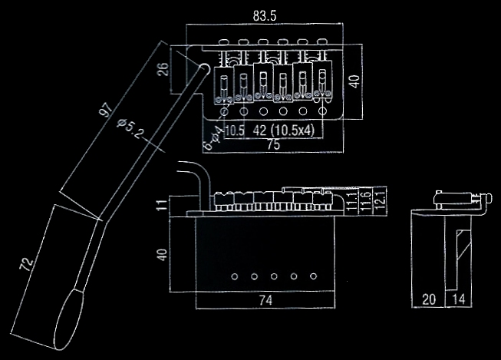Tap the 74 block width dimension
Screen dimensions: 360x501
coord(265,300)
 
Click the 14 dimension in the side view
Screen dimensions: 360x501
coord(459,299)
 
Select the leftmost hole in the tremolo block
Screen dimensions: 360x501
coord(235,275)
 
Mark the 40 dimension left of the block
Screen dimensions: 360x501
coord(160,254)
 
